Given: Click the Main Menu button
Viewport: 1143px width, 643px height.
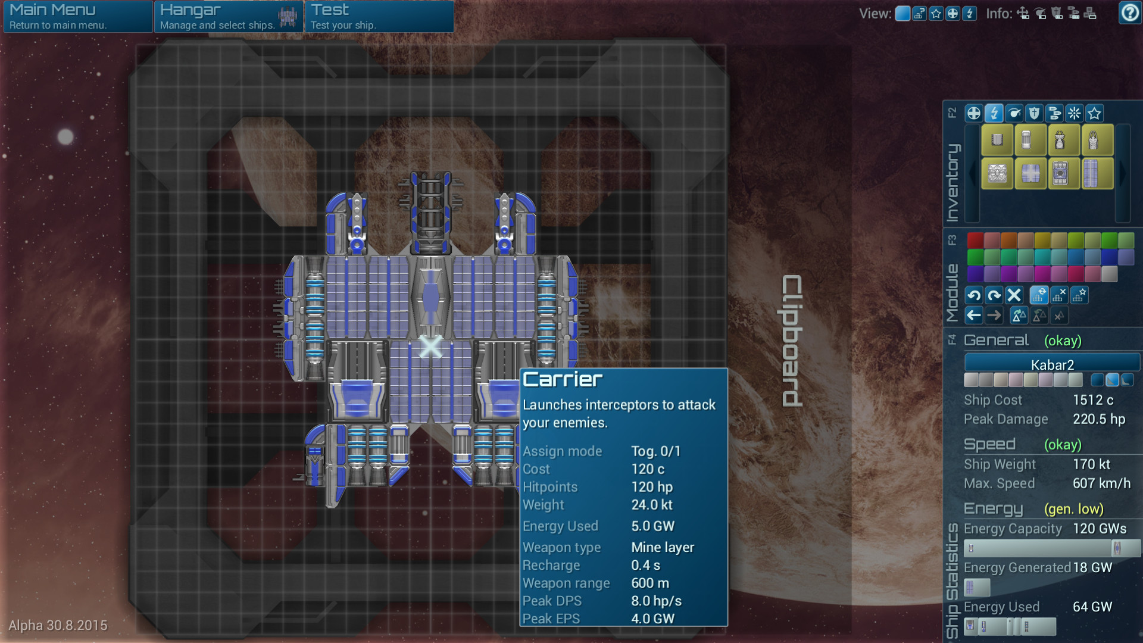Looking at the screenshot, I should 77,16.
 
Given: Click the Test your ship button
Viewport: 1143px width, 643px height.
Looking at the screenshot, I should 379,16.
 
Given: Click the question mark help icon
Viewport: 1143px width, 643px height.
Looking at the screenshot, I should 1129,13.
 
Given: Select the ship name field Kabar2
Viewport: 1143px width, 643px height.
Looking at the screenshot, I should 1052,364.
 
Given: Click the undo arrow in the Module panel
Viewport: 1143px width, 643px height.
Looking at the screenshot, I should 974,295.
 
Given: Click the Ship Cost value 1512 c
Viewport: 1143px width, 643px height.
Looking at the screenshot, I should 1093,400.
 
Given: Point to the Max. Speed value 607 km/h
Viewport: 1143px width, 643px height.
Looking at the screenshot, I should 1101,483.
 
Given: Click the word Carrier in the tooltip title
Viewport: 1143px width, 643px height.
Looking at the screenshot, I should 563,380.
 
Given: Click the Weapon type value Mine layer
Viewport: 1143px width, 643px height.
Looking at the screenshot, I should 663,547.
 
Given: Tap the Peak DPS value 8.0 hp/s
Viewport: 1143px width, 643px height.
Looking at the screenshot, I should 656,601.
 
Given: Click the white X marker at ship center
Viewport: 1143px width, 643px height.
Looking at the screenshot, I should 430,346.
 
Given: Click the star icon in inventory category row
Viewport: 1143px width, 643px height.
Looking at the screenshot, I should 1094,113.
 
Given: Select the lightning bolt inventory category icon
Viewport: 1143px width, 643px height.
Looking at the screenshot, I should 994,113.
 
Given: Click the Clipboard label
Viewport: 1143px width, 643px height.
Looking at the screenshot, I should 792,341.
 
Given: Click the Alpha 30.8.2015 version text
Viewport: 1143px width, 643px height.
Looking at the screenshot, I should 58,625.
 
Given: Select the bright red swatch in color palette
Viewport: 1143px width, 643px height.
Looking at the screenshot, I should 975,241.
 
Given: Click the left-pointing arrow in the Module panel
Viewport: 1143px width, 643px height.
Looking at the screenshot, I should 974,316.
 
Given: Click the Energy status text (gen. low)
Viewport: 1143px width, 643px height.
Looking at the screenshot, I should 1073,509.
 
